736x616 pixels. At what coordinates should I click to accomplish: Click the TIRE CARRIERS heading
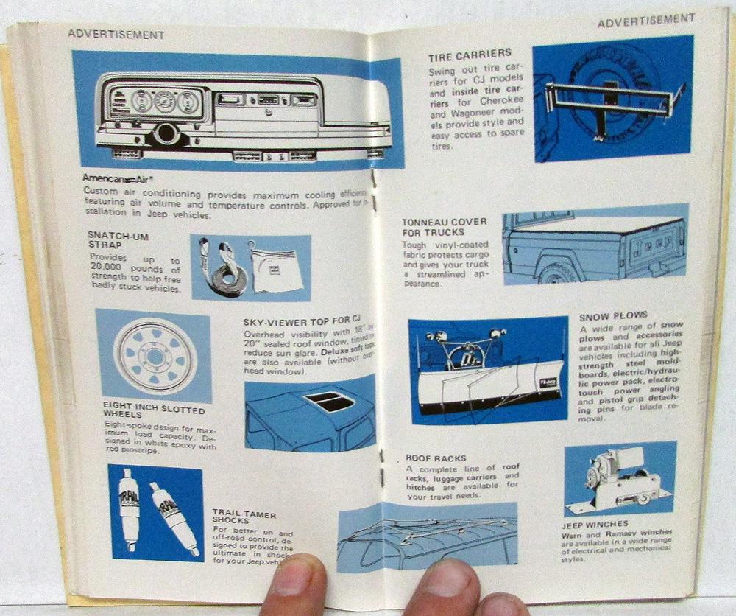470,54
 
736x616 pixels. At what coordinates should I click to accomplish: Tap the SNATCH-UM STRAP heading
113,239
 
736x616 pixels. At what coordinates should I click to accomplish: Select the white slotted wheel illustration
154,356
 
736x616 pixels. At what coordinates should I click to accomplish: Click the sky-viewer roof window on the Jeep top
330,403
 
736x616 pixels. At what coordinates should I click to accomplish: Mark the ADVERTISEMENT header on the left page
116,34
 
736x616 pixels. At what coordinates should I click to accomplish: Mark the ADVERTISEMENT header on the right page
645,22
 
